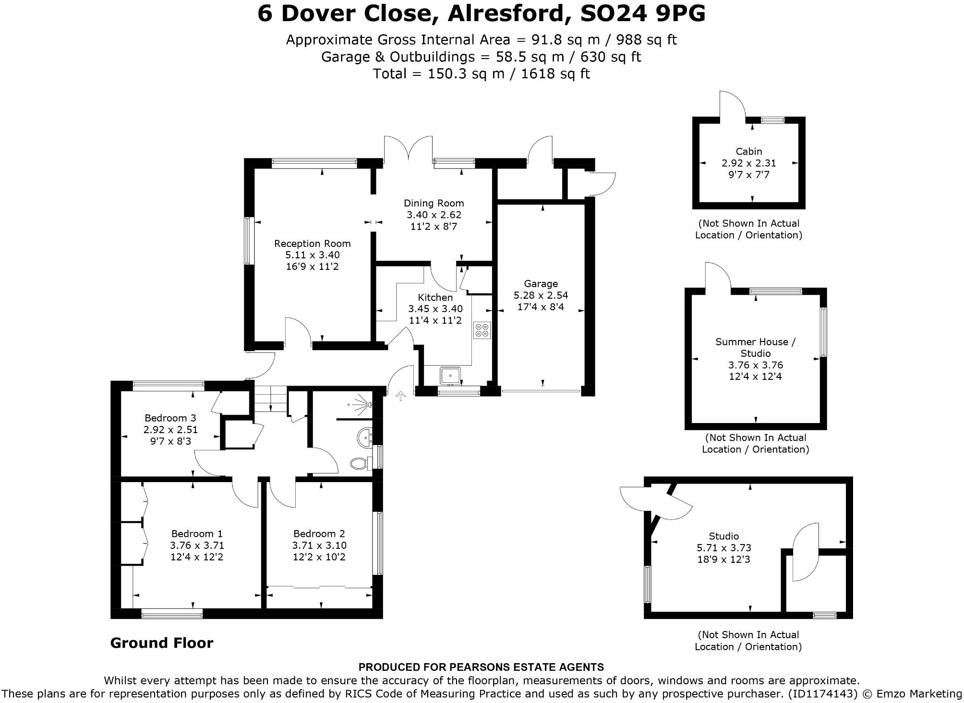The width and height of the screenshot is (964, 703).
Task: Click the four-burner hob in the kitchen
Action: click(x=482, y=330)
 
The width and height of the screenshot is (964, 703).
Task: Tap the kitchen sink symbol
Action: click(x=450, y=375)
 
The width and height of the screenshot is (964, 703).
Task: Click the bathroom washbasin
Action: click(x=365, y=436)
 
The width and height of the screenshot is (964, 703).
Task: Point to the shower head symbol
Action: click(x=365, y=405)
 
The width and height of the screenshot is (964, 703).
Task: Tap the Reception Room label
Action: click(x=312, y=243)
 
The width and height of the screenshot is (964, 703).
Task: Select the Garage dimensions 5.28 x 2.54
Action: click(x=541, y=295)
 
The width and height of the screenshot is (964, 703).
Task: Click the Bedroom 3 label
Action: click(x=170, y=418)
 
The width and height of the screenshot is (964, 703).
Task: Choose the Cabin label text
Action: click(x=748, y=151)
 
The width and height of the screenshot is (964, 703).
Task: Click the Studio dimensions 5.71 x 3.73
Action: click(x=723, y=547)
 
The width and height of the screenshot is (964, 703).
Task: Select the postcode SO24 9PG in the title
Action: click(x=643, y=13)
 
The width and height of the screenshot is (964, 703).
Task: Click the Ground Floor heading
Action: click(x=162, y=642)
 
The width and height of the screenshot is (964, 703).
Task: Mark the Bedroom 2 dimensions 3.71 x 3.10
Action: click(x=319, y=545)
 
